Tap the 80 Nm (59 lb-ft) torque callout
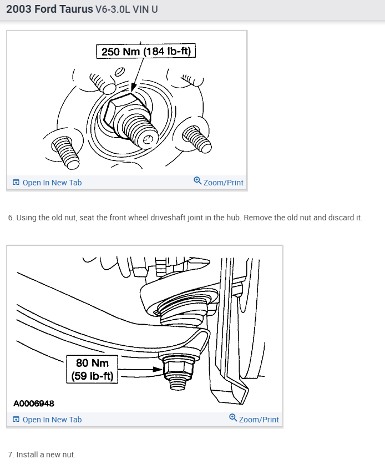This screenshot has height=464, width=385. [x=93, y=369]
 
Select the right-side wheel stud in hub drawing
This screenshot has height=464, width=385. [x=196, y=138]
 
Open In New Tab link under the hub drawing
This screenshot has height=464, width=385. [x=52, y=183]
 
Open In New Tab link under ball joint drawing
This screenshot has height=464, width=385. [x=52, y=420]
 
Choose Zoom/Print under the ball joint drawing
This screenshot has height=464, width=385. [x=259, y=419]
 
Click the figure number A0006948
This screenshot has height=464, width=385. [x=33, y=404]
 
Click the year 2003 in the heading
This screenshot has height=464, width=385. [x=18, y=10]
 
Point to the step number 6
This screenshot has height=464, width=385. [x=11, y=218]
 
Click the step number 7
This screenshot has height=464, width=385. [x=11, y=455]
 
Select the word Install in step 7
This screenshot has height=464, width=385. [x=26, y=455]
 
